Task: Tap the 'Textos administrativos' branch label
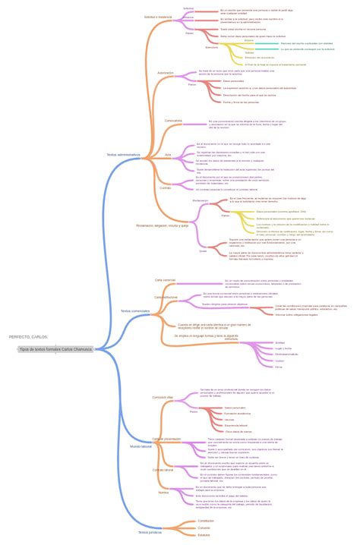[123, 154]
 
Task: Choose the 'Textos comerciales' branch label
[135, 310]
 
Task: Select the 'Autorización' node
[165, 73]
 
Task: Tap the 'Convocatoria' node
[172, 120]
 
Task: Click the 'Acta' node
[168, 154]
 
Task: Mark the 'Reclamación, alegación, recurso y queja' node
[163, 225]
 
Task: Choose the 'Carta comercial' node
[165, 280]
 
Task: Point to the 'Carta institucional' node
[166, 297]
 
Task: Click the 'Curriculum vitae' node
[163, 397]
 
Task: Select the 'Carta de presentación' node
[167, 438]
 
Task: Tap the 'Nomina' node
[163, 493]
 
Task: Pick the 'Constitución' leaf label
[206, 521]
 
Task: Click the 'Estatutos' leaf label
[204, 535]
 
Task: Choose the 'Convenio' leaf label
[204, 528]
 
